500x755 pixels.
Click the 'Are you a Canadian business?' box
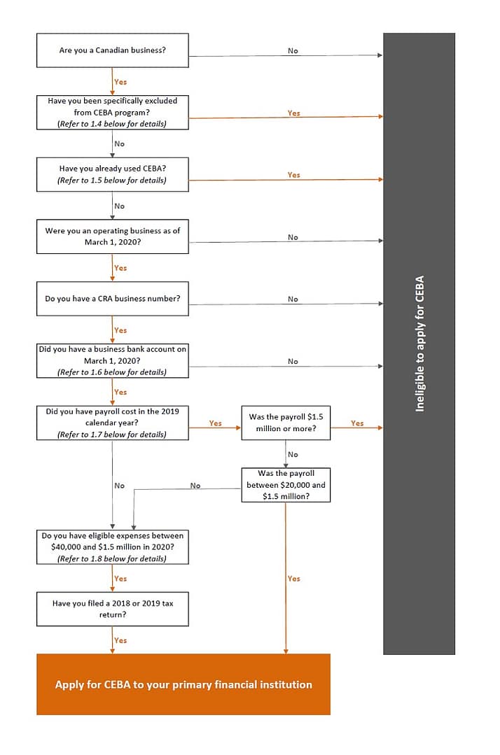tap(112, 50)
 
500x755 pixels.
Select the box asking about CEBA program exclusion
tap(112, 112)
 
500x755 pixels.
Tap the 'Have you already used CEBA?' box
tap(112, 174)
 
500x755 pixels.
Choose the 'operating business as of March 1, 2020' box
tap(112, 237)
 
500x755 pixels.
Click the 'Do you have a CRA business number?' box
tap(112, 299)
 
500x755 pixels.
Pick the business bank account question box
tap(112, 360)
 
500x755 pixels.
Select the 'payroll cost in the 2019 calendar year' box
tap(112, 423)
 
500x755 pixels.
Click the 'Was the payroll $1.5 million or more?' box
tap(286, 423)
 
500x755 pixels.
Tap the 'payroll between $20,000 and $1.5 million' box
tap(286, 485)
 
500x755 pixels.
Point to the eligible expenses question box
tap(112, 547)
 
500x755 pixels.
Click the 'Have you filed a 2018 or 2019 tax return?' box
tap(112, 609)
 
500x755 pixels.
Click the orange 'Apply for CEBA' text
tap(183, 684)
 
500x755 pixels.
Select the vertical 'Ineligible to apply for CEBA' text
tap(420, 343)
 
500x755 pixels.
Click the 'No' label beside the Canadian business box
tap(293, 51)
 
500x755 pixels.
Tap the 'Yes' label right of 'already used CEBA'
tap(294, 175)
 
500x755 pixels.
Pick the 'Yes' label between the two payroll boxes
tap(216, 423)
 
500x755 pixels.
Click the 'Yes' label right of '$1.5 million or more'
tap(357, 423)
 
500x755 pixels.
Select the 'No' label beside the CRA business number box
tap(293, 299)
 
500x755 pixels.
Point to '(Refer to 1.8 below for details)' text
tap(112, 558)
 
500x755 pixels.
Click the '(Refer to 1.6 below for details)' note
tap(112, 372)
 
